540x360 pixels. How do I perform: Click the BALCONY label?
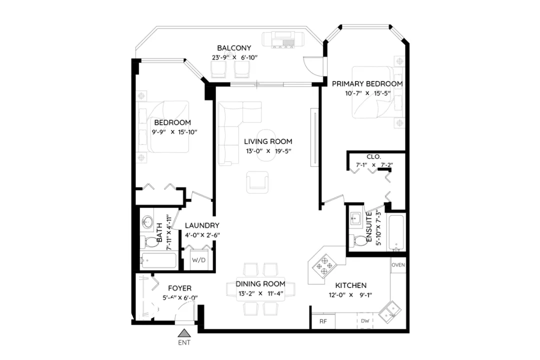click(x=234, y=48)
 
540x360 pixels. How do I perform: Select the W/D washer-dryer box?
click(x=198, y=260)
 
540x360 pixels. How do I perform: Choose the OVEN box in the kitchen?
click(x=398, y=265)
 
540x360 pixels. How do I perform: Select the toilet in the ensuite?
click(x=358, y=240)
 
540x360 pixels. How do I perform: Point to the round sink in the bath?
click(x=147, y=221)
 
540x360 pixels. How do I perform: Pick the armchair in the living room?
click(x=258, y=181)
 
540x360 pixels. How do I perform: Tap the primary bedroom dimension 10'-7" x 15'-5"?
click(x=367, y=93)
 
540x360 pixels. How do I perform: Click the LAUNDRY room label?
click(x=202, y=225)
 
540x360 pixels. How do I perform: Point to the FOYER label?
click(x=179, y=288)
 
